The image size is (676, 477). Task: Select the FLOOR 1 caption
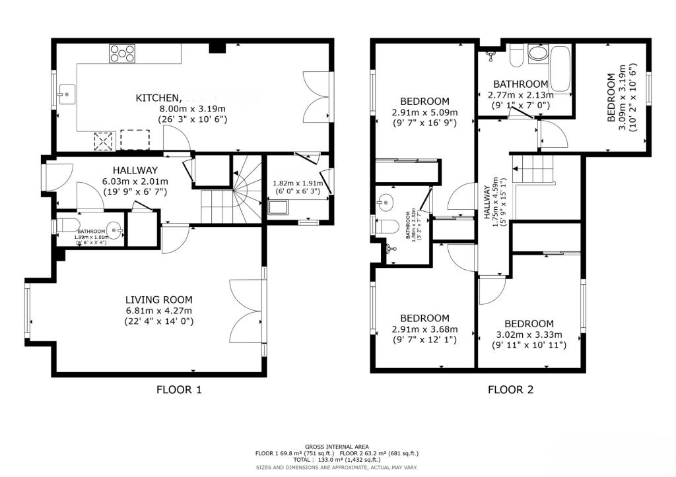[178, 389]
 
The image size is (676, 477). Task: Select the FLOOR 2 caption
[510, 389]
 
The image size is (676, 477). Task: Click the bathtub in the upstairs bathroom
[561, 69]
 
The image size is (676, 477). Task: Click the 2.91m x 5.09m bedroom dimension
[424, 112]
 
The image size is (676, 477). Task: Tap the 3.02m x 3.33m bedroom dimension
[529, 334]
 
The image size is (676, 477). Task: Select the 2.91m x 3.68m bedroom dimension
[424, 329]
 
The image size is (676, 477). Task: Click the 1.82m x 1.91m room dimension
[298, 184]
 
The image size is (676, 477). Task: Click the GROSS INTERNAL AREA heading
[337, 447]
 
